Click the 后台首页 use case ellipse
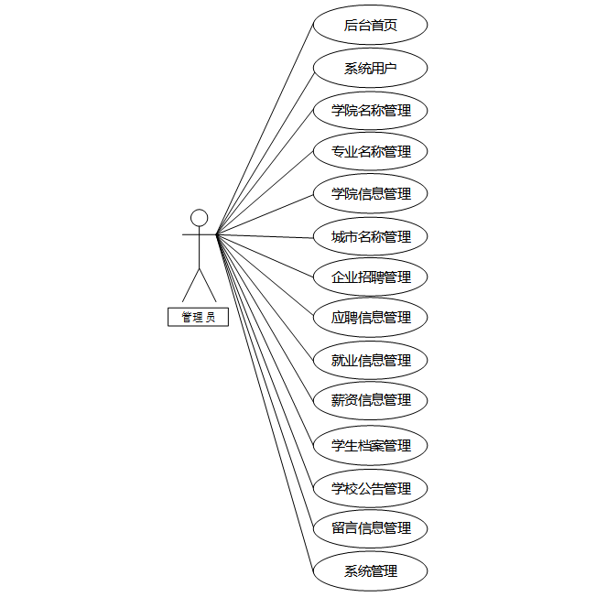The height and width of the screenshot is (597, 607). click(x=371, y=26)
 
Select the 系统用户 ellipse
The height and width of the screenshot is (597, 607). click(x=371, y=68)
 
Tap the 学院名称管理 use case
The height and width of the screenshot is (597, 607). click(x=371, y=111)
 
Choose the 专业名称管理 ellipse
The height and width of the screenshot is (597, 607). click(x=371, y=151)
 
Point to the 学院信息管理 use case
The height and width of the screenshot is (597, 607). click(x=371, y=193)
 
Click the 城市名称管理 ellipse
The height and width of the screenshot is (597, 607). click(x=371, y=236)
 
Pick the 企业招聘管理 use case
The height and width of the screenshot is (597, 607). click(x=371, y=277)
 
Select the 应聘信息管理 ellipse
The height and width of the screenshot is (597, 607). click(x=371, y=318)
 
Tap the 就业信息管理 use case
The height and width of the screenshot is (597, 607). click(x=371, y=360)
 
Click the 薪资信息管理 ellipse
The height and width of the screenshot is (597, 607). click(x=371, y=400)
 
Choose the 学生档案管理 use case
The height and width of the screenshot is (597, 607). click(x=371, y=446)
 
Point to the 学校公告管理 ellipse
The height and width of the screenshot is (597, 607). click(x=371, y=488)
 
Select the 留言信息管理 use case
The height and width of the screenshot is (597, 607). click(x=371, y=528)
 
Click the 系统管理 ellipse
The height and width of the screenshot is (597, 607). click(x=371, y=571)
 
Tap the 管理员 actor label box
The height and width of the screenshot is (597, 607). click(x=199, y=318)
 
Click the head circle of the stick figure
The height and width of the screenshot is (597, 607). click(x=199, y=218)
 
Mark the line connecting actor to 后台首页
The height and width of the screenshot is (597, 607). click(x=266, y=128)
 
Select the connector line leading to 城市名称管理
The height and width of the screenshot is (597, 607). click(x=266, y=236)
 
